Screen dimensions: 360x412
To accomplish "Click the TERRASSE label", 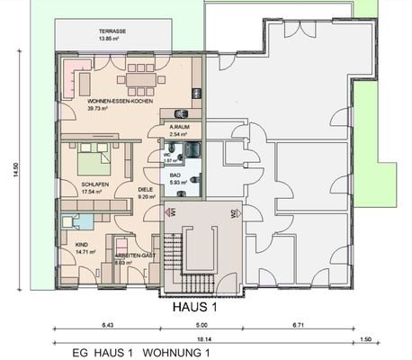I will [x=112, y=31].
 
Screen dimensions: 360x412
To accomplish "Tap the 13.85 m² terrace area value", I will [x=112, y=40].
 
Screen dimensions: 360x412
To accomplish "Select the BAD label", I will [x=176, y=175].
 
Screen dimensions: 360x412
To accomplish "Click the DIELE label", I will [x=144, y=189].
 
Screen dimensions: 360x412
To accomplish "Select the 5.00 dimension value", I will [x=202, y=324].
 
